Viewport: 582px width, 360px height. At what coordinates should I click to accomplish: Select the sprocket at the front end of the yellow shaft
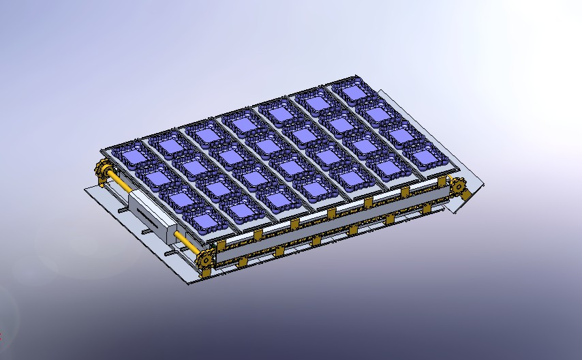[205, 258]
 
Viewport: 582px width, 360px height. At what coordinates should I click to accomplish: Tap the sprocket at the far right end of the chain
[457, 184]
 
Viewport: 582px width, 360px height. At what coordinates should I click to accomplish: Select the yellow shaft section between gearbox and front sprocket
[185, 240]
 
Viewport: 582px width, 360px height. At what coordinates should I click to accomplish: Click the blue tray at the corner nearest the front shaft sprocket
[206, 222]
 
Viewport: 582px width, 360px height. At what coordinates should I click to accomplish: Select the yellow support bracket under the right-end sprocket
[466, 196]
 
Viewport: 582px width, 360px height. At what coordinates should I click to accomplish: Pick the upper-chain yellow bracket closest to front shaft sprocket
[221, 244]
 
